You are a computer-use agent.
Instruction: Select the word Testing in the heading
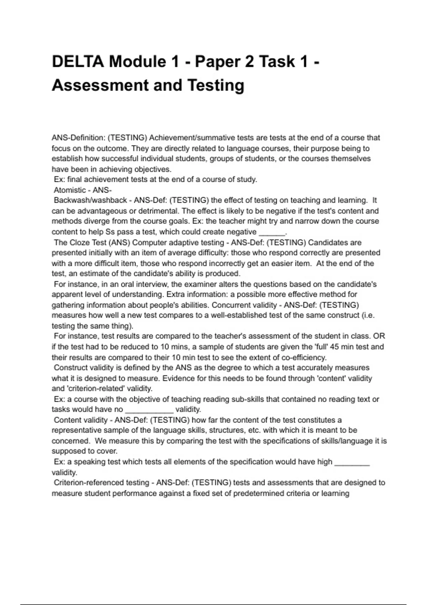coord(216,85)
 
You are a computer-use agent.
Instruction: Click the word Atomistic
coord(70,190)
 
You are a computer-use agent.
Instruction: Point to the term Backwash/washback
coord(90,200)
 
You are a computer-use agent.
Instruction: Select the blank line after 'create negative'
coord(272,232)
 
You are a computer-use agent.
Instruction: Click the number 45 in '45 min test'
coord(335,347)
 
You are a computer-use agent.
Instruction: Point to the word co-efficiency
coord(303,357)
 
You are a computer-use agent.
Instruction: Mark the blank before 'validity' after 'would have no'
coord(149,410)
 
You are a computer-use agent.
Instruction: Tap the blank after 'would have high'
coord(352,462)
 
